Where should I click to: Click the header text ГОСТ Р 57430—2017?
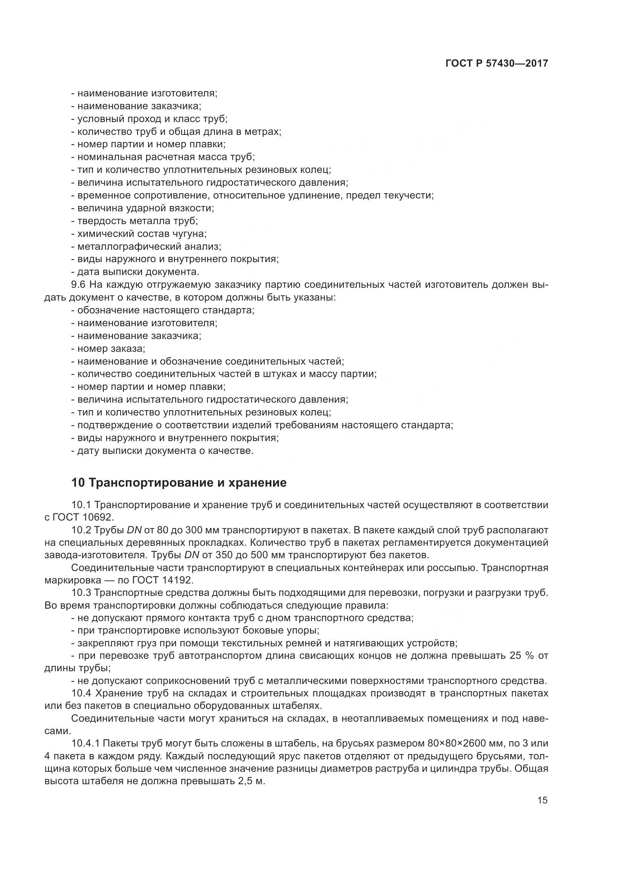[x=496, y=64]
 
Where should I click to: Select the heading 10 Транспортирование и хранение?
[x=179, y=483]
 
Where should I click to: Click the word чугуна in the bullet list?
[x=192, y=234]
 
